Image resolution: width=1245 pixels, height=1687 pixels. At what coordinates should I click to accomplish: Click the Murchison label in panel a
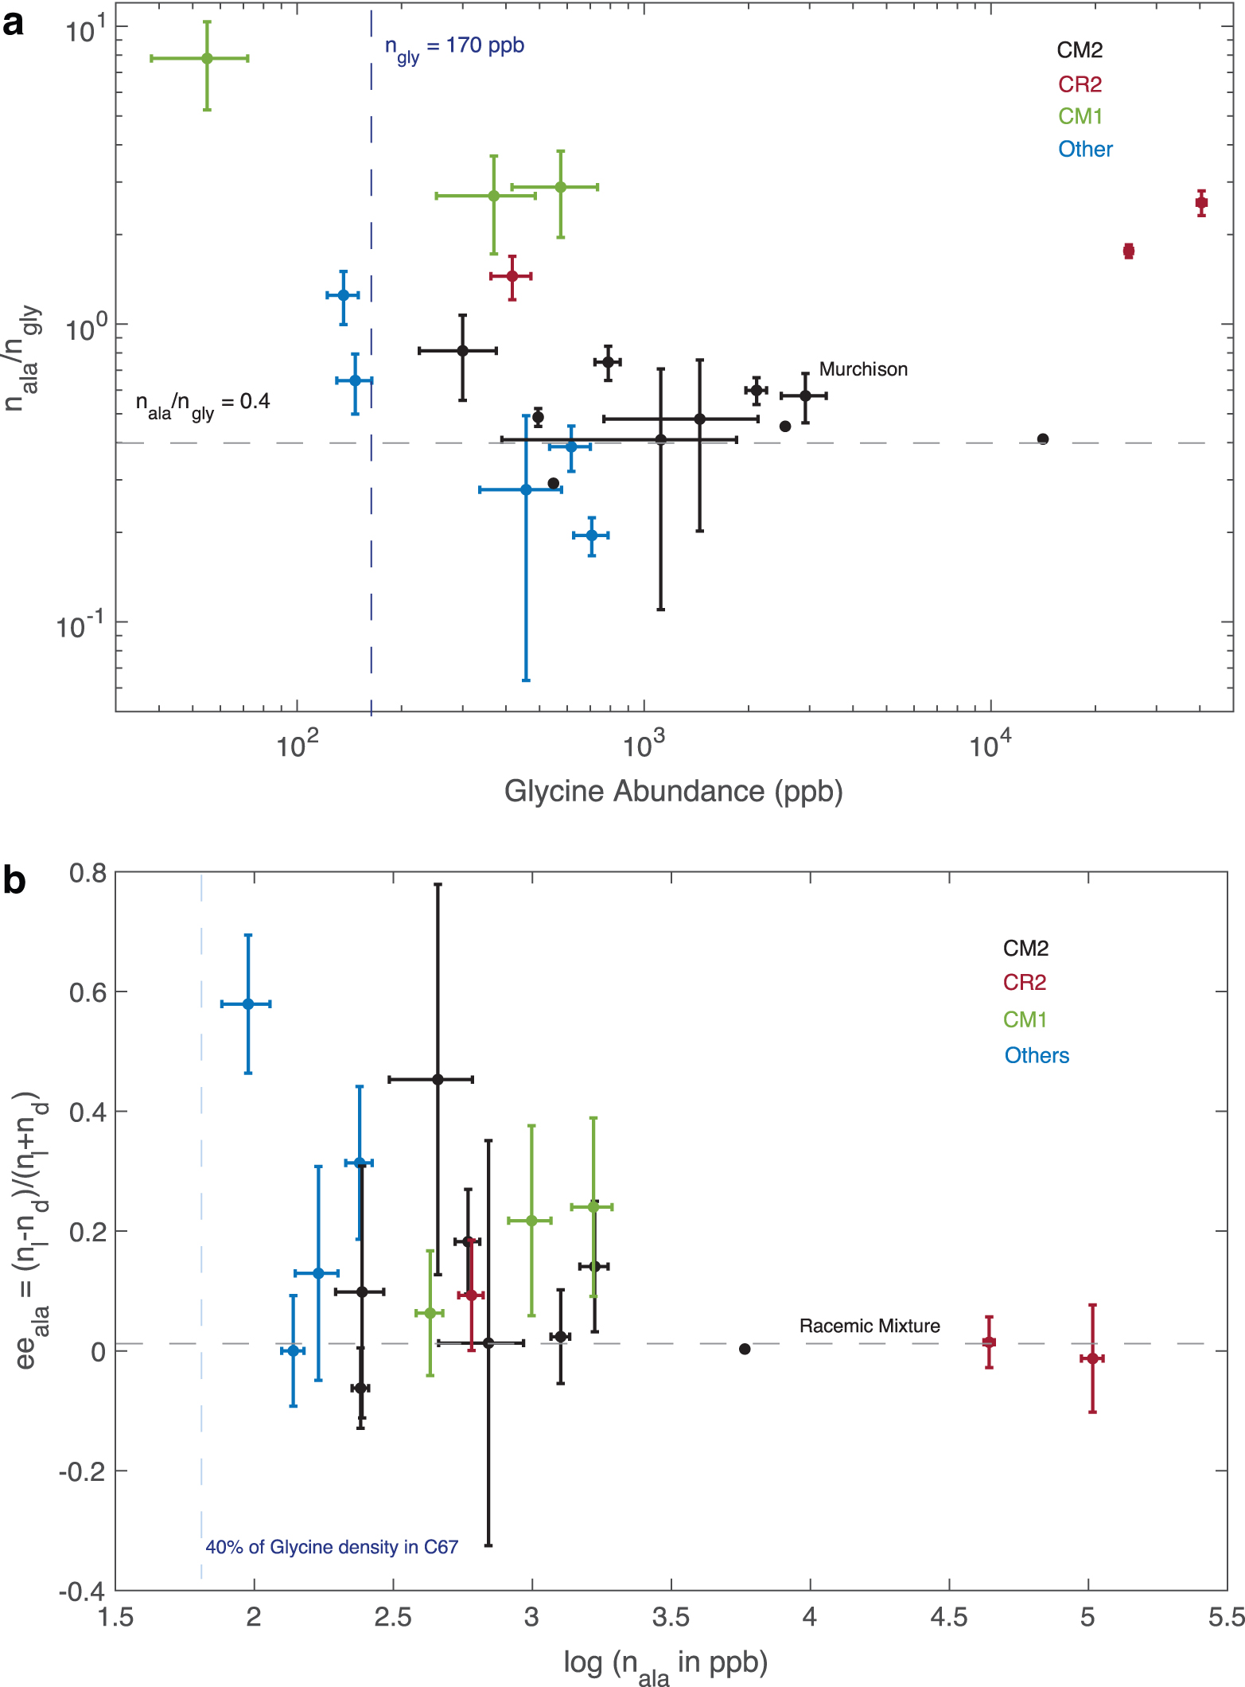(x=863, y=369)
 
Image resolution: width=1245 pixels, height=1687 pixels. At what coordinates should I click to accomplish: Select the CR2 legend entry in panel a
(x=1080, y=84)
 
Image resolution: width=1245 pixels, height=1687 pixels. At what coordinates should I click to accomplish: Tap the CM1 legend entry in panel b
(x=1025, y=1019)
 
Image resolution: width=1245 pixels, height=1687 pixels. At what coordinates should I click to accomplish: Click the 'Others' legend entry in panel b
(x=1037, y=1055)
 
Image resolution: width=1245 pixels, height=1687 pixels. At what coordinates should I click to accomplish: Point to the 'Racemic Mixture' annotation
(x=870, y=1326)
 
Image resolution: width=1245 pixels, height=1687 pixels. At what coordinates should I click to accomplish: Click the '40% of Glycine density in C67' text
(x=332, y=1547)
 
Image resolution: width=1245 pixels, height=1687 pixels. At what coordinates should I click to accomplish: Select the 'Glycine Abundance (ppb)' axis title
(x=673, y=792)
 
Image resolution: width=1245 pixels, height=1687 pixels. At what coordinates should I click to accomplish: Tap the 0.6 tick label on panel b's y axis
(x=88, y=992)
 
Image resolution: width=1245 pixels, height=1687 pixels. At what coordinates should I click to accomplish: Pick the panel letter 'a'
(x=14, y=25)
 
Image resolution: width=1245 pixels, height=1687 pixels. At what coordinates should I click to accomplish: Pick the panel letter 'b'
(x=14, y=881)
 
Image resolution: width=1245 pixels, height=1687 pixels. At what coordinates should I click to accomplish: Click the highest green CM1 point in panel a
(x=207, y=58)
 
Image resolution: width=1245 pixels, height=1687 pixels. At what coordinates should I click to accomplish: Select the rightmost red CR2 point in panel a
(x=1201, y=203)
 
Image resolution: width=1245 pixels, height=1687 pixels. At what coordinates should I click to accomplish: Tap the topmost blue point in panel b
(x=248, y=1004)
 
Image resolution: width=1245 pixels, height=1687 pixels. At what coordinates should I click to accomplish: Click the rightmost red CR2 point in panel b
(x=1092, y=1358)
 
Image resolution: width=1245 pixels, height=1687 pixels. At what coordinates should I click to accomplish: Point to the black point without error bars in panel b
(x=745, y=1349)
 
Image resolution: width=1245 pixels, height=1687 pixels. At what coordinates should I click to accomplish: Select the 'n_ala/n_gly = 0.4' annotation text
(x=203, y=404)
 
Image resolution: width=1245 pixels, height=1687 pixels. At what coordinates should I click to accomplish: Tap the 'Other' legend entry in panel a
(x=1085, y=149)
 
